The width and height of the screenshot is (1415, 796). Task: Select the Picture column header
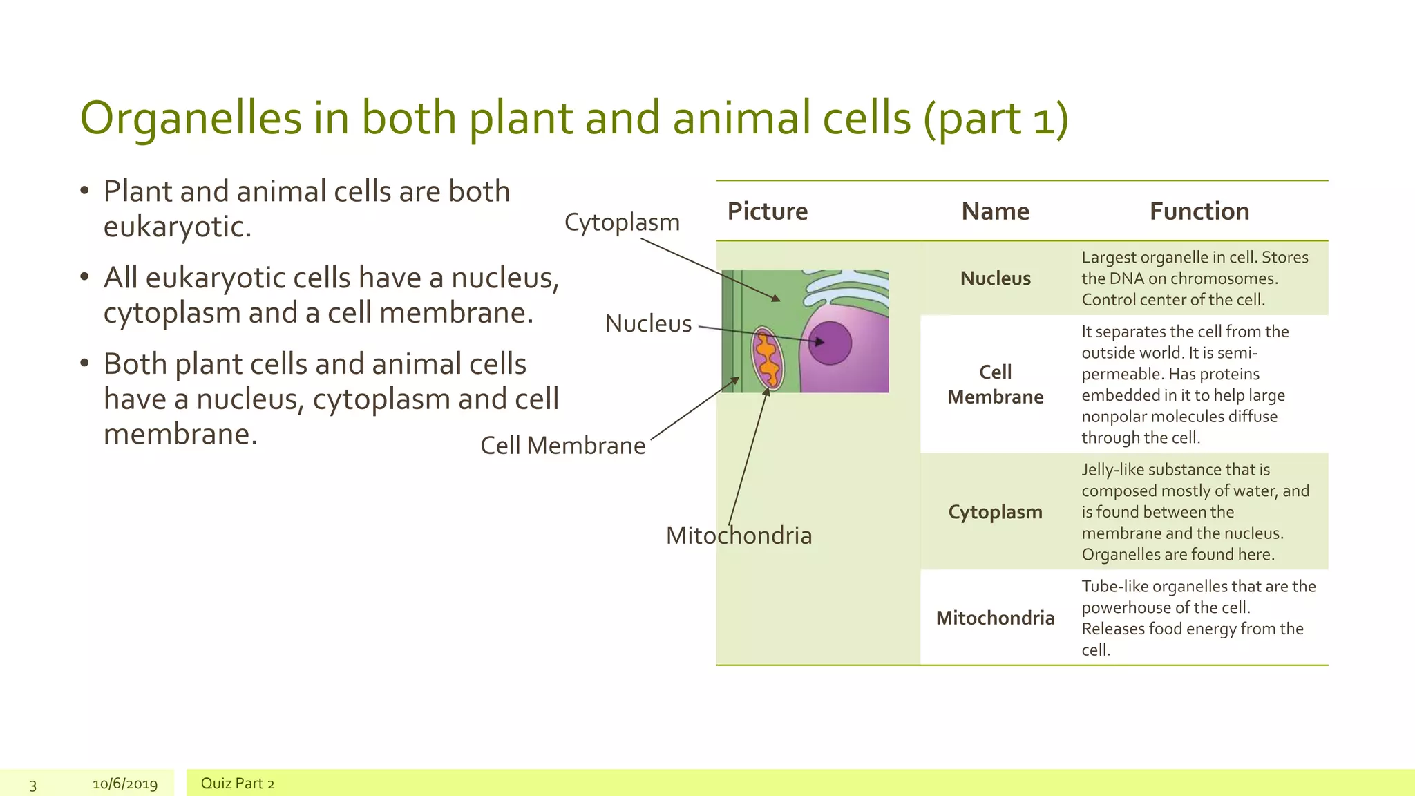tap(767, 211)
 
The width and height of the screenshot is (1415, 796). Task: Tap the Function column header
tap(1199, 211)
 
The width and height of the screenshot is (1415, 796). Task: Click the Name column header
tap(995, 211)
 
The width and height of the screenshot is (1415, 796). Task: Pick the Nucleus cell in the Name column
tap(995, 278)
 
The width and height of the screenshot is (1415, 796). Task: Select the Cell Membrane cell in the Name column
tap(995, 384)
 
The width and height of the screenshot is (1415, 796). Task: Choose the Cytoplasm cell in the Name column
tap(995, 512)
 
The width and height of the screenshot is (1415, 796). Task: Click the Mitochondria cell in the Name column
tap(995, 618)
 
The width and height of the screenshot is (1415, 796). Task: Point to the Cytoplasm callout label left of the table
tap(622, 222)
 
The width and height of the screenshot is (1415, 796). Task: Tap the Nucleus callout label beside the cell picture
tap(648, 323)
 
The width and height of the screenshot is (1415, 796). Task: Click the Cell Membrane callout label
tap(562, 446)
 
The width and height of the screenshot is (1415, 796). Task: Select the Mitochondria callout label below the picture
tap(739, 536)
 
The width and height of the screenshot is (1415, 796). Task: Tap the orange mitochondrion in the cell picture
tap(768, 359)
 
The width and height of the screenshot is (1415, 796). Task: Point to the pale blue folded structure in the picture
tap(846, 287)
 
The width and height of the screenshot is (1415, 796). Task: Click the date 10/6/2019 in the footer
tap(125, 784)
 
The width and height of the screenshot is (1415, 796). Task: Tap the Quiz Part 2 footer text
tap(237, 784)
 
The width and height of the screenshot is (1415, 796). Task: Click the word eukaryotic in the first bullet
tap(177, 227)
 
